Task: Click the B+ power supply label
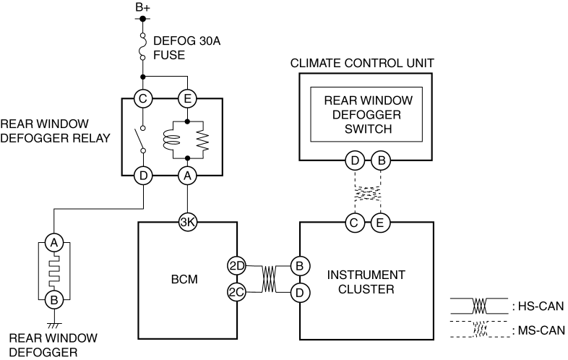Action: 143,8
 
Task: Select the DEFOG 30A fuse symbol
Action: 143,46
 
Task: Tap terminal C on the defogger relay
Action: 143,98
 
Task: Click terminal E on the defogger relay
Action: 187,98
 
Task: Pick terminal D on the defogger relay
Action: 143,176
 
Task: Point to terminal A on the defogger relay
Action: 187,176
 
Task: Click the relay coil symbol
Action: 171,140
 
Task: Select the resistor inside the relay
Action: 203,140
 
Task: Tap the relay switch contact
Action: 139,140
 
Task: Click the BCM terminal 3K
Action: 188,222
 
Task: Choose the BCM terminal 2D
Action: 237,266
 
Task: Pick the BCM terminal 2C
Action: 237,292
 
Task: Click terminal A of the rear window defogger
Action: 54,243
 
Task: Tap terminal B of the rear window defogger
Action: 54,300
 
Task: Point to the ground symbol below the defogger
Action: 54,325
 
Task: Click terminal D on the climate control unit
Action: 355,160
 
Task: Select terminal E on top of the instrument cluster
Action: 380,222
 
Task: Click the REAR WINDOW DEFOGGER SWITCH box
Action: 366,114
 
